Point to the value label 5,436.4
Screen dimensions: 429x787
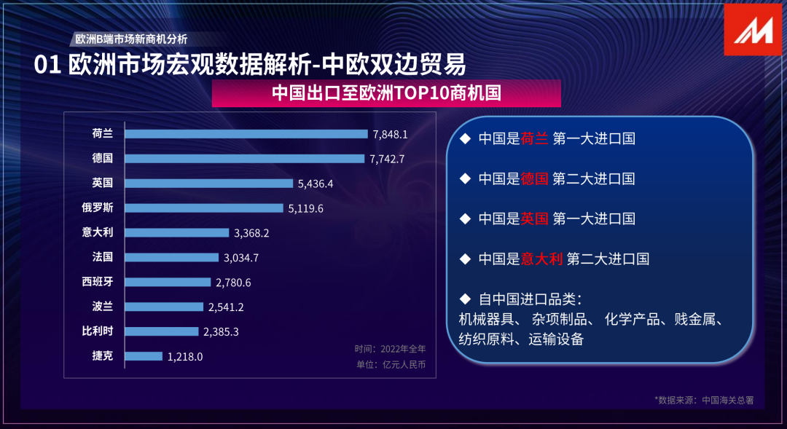pos(316,184)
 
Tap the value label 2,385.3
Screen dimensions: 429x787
pos(222,331)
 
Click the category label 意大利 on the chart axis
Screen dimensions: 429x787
pos(97,232)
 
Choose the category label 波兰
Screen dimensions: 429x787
pos(102,307)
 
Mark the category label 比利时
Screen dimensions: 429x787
pos(97,331)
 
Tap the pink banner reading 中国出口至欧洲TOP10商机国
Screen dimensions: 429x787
pos(386,94)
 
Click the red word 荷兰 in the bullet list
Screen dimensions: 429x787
pos(534,138)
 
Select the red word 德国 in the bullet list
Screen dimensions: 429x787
pos(534,178)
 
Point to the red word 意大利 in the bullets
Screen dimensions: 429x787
pos(541,258)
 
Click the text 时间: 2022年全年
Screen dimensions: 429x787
pos(390,349)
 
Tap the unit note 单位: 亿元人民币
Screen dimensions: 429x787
pos(390,364)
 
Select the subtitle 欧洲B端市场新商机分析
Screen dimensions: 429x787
pos(131,39)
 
